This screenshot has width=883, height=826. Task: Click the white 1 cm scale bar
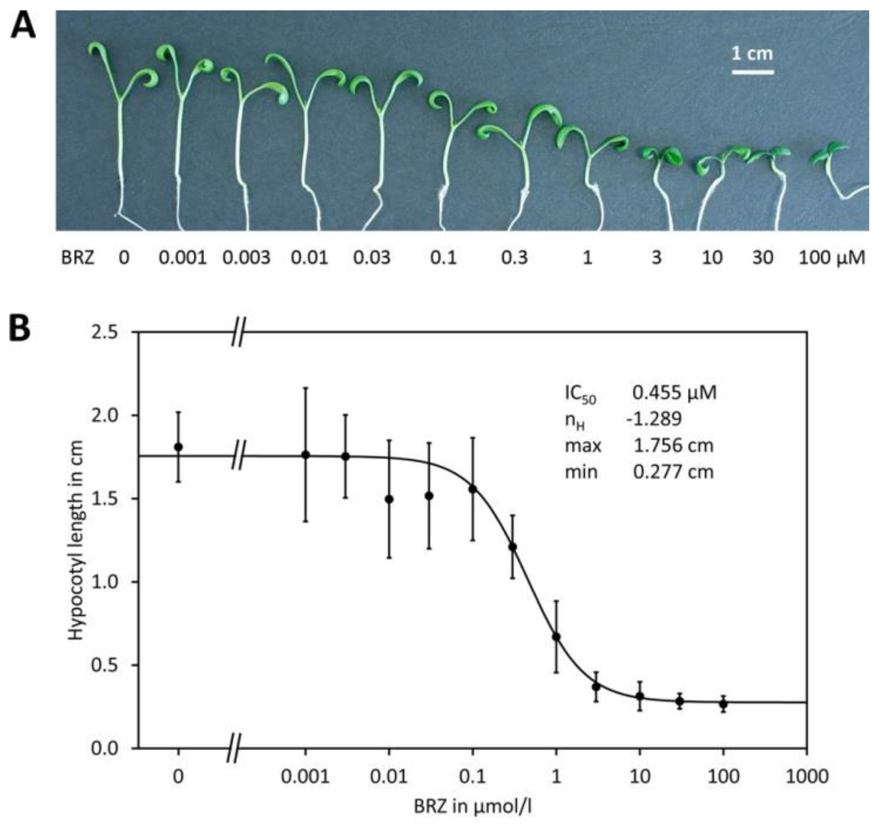click(753, 72)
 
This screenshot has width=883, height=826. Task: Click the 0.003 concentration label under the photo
click(246, 258)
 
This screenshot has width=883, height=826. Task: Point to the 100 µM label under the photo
click(832, 258)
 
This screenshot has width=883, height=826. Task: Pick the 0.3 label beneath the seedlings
click(514, 258)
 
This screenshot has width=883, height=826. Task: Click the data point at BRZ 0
click(178, 447)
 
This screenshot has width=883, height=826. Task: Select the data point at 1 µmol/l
click(556, 637)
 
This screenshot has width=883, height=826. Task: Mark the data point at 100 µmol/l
click(724, 703)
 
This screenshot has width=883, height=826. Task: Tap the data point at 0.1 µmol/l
click(473, 489)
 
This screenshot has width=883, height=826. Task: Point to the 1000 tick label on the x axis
click(807, 777)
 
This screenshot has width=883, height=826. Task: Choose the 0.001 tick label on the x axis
click(306, 777)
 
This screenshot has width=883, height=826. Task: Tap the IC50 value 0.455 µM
click(674, 393)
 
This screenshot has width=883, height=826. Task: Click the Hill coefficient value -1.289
click(654, 419)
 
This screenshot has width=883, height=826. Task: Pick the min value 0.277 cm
click(673, 472)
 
